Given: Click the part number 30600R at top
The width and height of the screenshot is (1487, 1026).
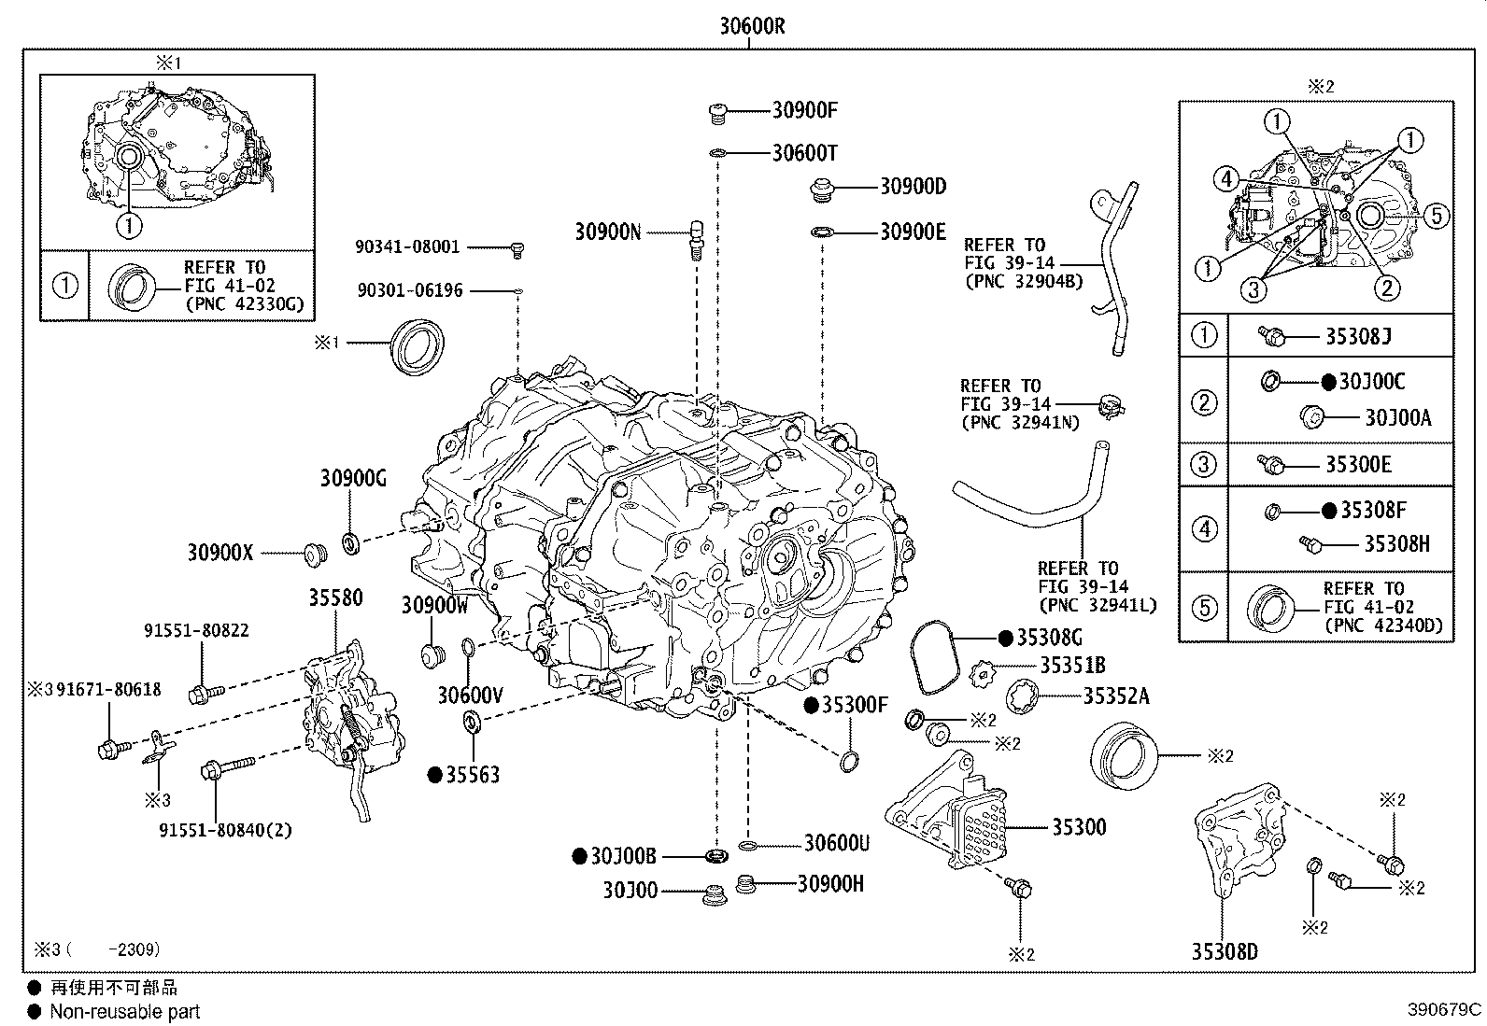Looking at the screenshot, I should (x=752, y=26).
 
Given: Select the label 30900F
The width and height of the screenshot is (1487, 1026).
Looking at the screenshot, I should (x=804, y=110).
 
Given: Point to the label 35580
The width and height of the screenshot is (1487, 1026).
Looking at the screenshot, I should (x=335, y=597).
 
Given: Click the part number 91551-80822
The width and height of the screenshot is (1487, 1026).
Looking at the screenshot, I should (x=196, y=631).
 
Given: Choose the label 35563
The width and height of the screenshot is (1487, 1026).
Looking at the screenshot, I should (x=472, y=775).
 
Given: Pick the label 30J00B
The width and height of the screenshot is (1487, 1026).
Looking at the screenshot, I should (x=623, y=855).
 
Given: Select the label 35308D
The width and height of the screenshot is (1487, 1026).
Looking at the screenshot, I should (x=1224, y=951).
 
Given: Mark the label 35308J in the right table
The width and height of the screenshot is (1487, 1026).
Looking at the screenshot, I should (x=1358, y=336).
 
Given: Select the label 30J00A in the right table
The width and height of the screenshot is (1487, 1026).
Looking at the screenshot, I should (x=1397, y=417).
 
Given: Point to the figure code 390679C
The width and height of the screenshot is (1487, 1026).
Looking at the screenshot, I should (x=1445, y=1009).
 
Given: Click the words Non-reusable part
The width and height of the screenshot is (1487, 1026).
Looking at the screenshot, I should (x=125, y=1011).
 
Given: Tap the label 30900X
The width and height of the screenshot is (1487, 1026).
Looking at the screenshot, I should (x=220, y=553).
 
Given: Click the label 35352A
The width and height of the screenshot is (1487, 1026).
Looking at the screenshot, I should (x=1116, y=696).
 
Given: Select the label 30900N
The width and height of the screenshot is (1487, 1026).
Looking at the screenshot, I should (x=608, y=232).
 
